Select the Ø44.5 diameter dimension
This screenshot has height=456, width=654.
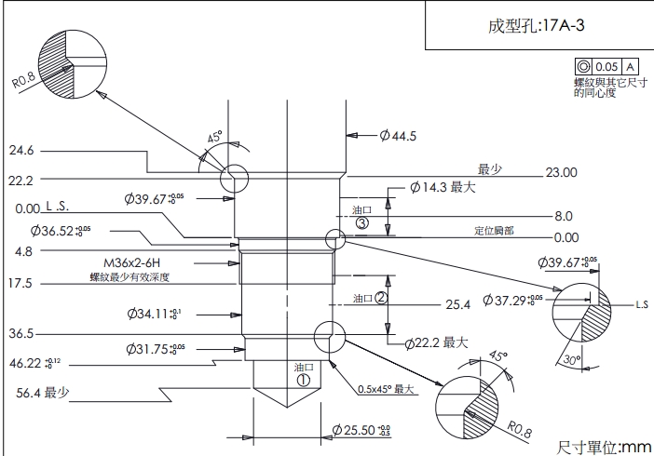tap(398, 136)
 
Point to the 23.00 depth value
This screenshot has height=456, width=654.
tap(561, 172)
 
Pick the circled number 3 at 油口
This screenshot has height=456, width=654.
tap(362, 223)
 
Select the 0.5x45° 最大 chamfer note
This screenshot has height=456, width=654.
tap(385, 389)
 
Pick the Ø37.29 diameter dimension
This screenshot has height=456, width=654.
tap(511, 301)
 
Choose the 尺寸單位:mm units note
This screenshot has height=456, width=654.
tap(603, 447)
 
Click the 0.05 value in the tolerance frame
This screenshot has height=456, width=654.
tap(606, 67)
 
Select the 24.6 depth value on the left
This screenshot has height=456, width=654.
tap(20, 150)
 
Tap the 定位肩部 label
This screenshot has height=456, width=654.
tap(494, 230)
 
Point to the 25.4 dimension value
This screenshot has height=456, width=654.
tap(457, 304)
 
